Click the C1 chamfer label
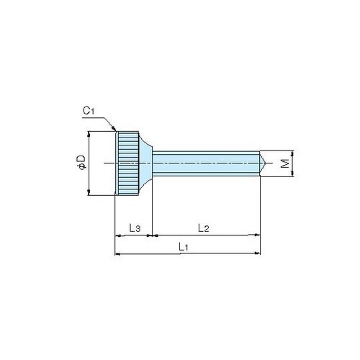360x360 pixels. coord(89,111)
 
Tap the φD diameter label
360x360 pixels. coord(81,163)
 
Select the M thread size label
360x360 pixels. coord(285,163)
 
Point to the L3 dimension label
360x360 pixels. coord(135,228)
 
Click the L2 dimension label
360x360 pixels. coord(204,228)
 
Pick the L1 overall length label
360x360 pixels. coord(184,246)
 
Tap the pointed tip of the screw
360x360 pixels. coord(265,163)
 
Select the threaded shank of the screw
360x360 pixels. coord(206,163)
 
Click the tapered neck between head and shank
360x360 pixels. coord(145,163)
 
